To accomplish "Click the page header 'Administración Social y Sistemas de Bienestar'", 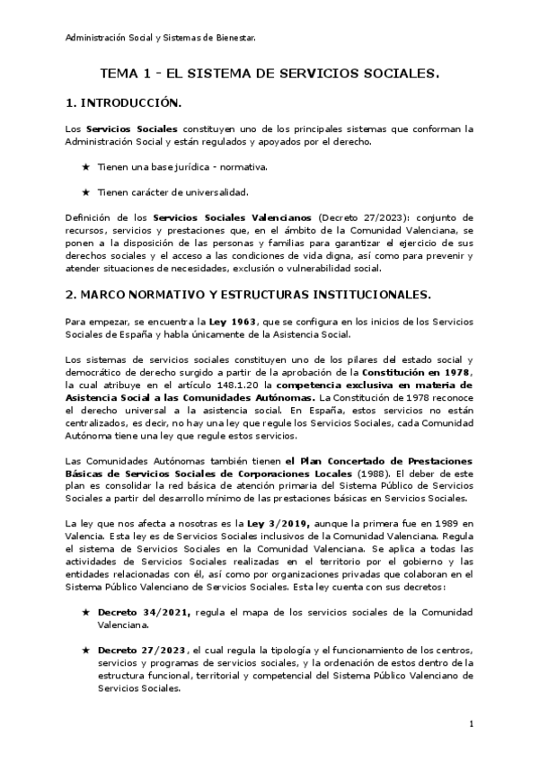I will (x=161, y=37).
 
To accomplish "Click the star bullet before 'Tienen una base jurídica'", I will (x=85, y=167).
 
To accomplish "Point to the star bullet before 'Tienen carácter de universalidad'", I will (x=85, y=191).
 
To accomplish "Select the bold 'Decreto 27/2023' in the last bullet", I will (x=137, y=650).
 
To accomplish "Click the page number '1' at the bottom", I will (x=472, y=723).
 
